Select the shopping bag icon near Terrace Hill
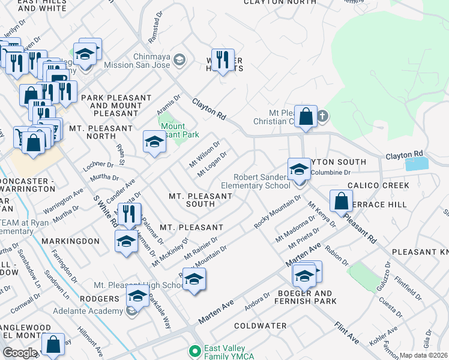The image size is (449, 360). pyautogui.click(x=341, y=201)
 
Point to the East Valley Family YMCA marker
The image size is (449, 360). pyautogui.click(x=194, y=350)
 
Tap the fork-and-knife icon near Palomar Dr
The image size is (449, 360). pyautogui.click(x=129, y=214)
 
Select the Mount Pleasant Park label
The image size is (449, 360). pyautogui.click(x=179, y=131)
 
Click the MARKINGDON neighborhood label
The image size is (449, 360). pyautogui.click(x=70, y=241)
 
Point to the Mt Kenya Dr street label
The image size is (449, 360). pyautogui.click(x=322, y=215)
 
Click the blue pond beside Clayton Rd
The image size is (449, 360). pyautogui.click(x=417, y=164)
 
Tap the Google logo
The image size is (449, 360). pyautogui.click(x=20, y=353)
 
